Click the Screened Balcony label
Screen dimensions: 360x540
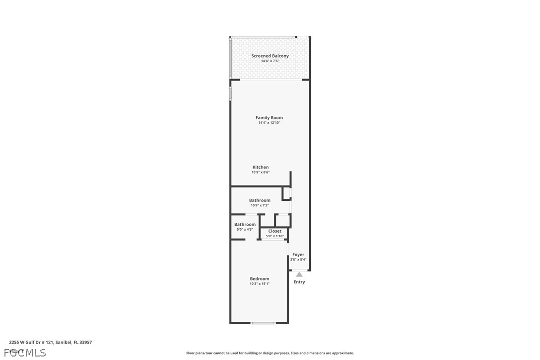click(270, 56)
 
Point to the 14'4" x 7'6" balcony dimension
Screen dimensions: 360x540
click(270, 61)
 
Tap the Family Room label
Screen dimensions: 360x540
click(269, 118)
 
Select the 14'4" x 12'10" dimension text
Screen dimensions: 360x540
click(269, 123)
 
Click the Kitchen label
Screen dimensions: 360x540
click(261, 168)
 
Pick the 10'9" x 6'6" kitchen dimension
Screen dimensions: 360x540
click(261, 173)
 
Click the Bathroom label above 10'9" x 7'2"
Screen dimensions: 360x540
click(260, 200)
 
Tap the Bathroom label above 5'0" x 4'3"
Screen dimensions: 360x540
click(245, 224)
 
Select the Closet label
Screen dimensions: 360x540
click(274, 231)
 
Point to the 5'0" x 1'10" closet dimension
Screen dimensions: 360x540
click(274, 236)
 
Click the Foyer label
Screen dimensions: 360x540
click(298, 255)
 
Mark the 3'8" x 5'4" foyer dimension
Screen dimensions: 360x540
click(298, 260)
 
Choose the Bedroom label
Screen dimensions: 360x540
click(260, 279)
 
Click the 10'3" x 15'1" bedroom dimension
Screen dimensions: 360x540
click(260, 284)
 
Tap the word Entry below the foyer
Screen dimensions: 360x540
click(299, 282)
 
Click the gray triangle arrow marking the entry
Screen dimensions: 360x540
click(299, 274)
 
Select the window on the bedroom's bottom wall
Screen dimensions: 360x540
click(263, 323)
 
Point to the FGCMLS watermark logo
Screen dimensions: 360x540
click(25, 353)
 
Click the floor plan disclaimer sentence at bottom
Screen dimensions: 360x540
click(270, 353)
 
